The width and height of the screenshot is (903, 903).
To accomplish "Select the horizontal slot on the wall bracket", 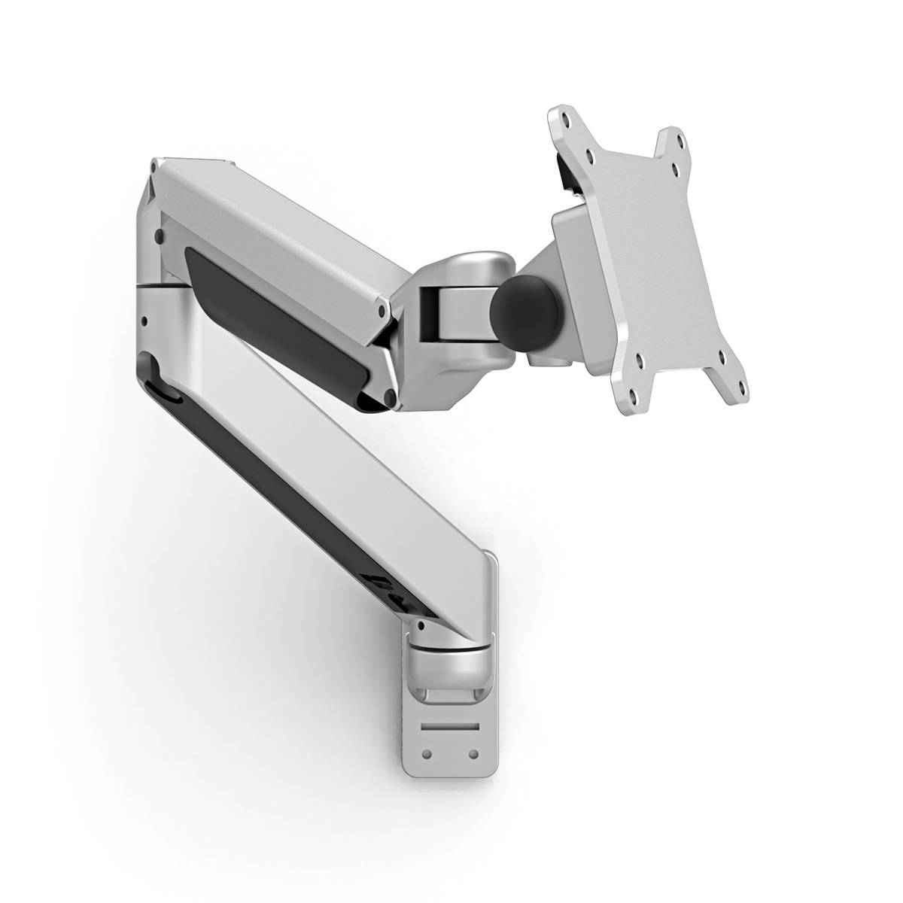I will click(450, 727).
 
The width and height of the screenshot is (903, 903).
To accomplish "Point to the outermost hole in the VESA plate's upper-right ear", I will click(680, 141).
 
